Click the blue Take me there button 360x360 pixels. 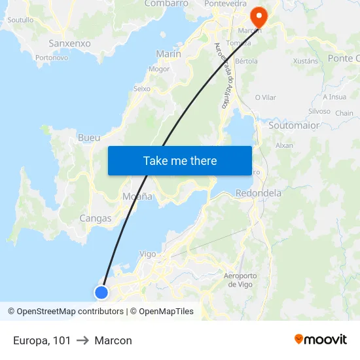click(x=179, y=160)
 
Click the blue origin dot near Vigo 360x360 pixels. click(x=101, y=292)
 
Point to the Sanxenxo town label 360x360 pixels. click(x=69, y=43)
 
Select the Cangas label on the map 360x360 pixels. click(x=95, y=219)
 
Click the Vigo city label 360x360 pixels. click(x=148, y=254)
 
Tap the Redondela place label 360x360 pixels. click(x=258, y=193)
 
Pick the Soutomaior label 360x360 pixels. click(x=294, y=125)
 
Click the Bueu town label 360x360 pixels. click(x=89, y=138)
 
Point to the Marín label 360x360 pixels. click(x=168, y=54)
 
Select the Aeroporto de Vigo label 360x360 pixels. click(x=240, y=279)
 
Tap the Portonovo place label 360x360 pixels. click(x=52, y=58)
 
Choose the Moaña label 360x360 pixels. click(x=137, y=196)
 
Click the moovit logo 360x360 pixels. click(x=320, y=339)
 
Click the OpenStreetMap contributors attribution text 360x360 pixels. click(x=70, y=312)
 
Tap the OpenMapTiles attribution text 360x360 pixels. click(x=166, y=312)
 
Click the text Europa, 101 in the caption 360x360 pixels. click(x=42, y=340)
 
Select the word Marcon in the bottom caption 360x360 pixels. click(x=113, y=340)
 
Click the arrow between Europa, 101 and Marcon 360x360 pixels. click(x=82, y=340)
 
